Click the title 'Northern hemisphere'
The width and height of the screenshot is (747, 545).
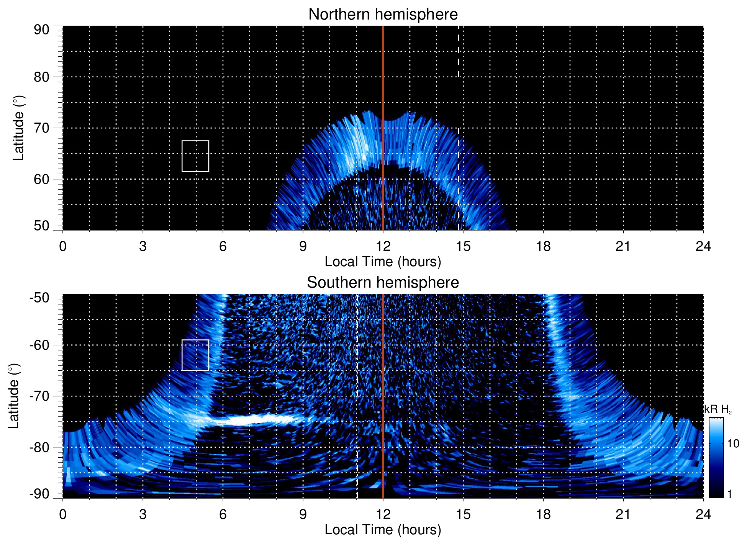383,15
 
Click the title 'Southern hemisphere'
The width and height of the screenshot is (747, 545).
383,283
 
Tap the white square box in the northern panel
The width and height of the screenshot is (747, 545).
195,156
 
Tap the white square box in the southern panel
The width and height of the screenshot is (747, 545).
195,355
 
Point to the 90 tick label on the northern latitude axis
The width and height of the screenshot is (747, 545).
41,30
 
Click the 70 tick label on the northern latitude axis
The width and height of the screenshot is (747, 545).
41,128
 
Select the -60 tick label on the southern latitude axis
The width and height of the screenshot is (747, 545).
39,345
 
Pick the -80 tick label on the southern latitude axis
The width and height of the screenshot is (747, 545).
39,447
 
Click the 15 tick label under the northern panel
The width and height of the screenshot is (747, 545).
463,246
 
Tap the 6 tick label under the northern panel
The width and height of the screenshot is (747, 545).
223,246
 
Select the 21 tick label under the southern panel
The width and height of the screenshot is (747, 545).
623,514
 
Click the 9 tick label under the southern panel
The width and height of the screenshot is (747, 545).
303,514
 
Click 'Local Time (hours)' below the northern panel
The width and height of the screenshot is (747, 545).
383,262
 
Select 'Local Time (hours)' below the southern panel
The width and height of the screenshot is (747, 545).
383,530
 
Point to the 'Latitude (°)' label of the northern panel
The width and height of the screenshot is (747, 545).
18,128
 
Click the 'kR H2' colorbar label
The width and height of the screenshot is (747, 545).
718,409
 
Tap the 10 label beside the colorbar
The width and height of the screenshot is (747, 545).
733,444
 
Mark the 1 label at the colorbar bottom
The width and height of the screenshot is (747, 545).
729,494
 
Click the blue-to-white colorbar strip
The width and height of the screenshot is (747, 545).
716,458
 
